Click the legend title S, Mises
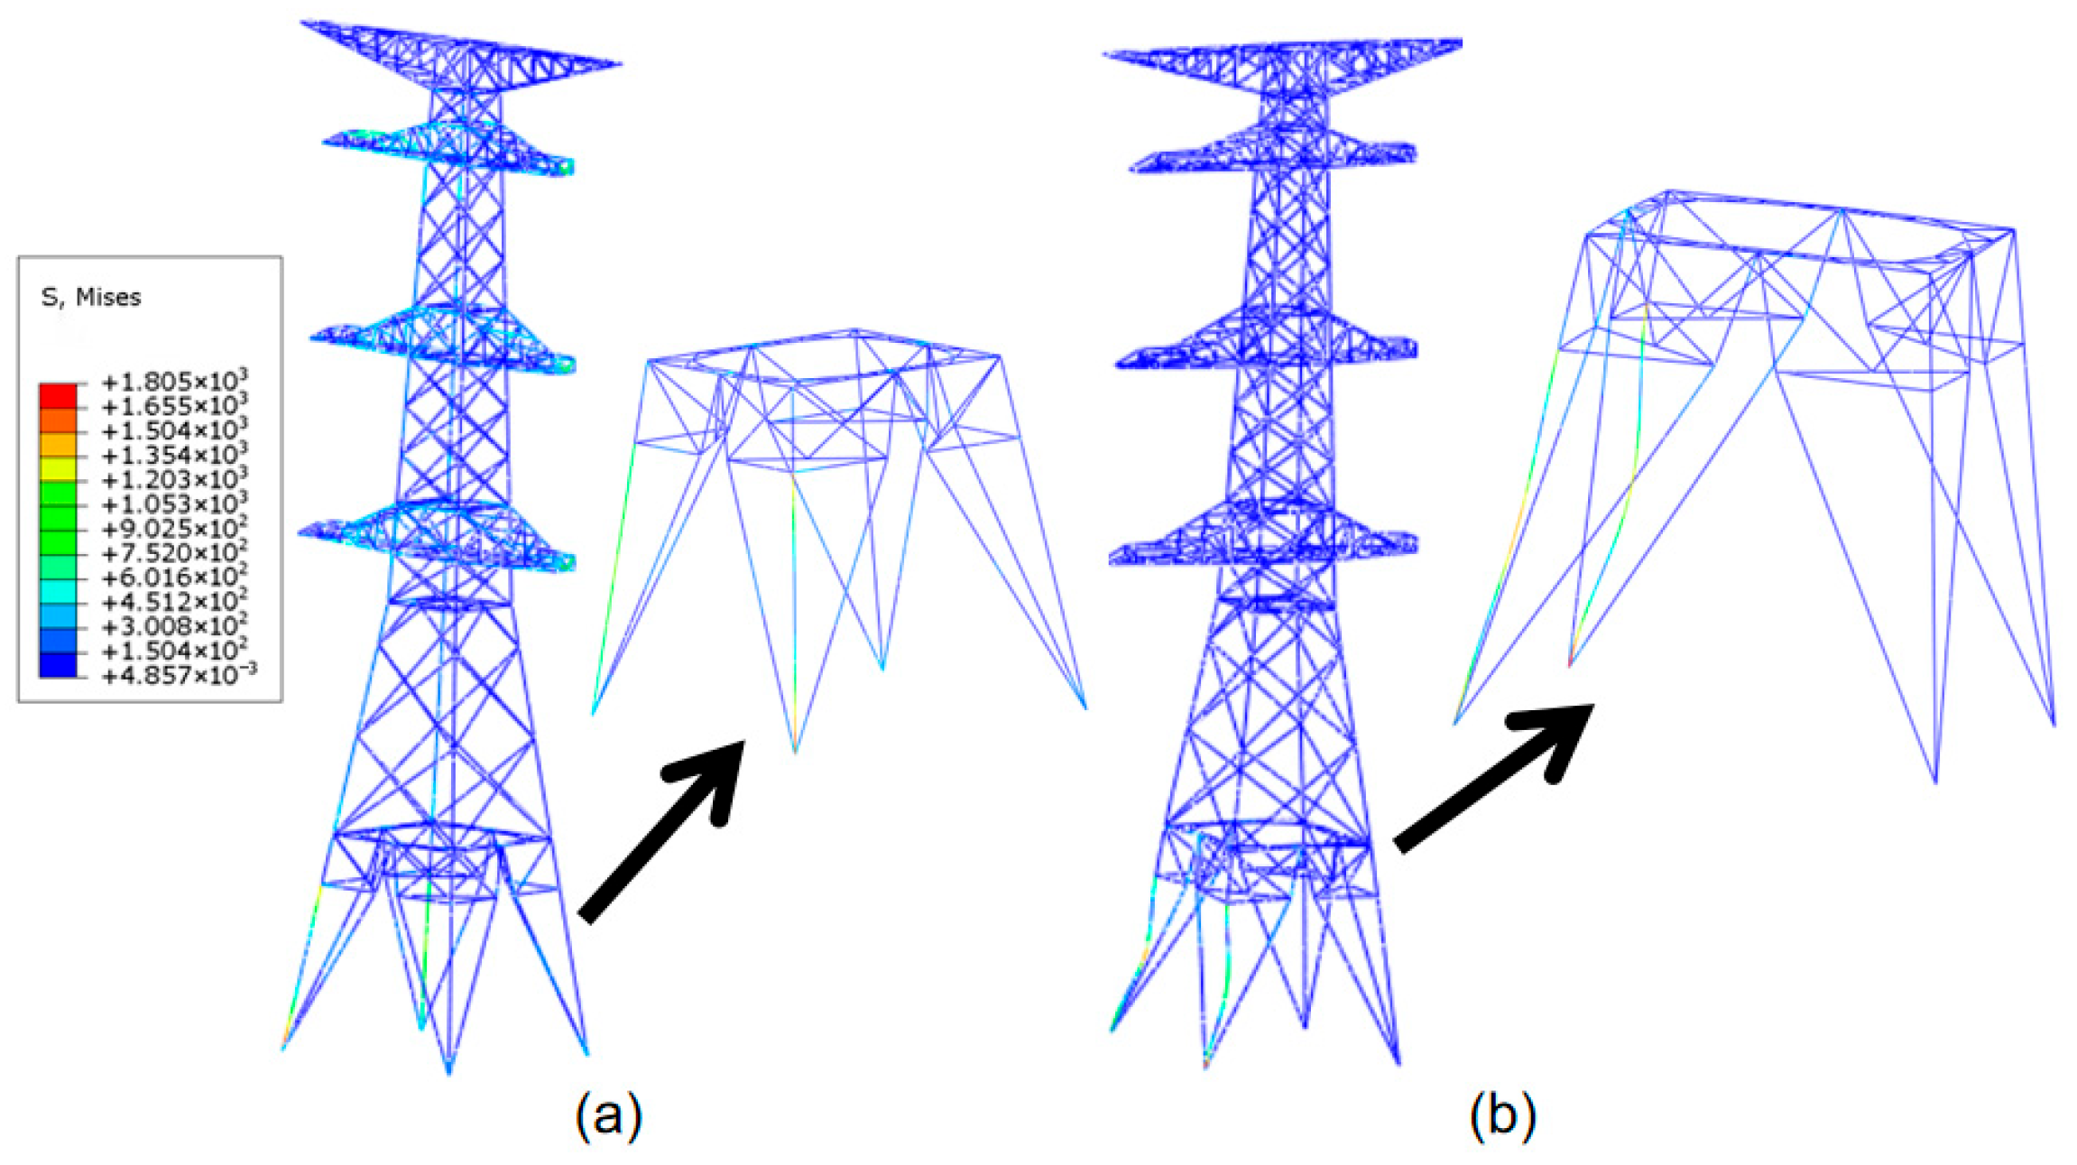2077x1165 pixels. (91, 297)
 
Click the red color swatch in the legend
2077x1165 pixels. (58, 395)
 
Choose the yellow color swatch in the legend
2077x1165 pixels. (58, 468)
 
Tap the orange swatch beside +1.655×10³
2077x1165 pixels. (58, 420)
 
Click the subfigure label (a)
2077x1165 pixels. (609, 1115)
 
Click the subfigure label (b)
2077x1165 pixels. (1502, 1115)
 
